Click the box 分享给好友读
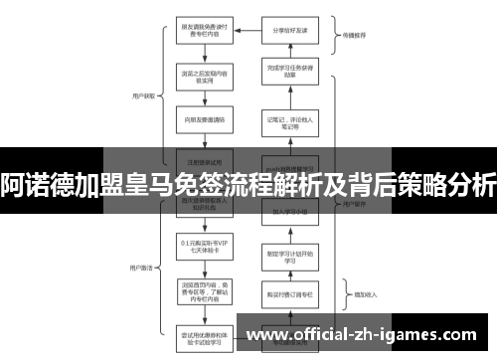[289, 30]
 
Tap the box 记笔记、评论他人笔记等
[289, 122]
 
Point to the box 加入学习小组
[289, 212]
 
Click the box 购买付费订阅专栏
[289, 294]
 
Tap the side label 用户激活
[141, 241]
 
